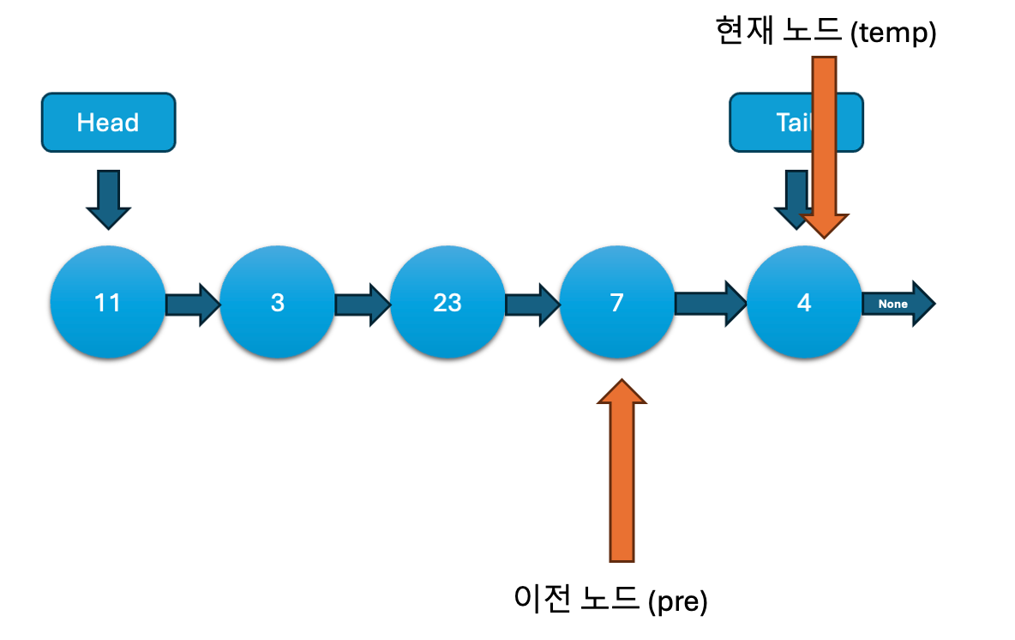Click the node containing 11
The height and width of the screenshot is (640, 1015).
[107, 302]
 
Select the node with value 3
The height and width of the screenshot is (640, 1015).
[277, 302]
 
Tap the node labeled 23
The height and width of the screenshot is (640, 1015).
[447, 302]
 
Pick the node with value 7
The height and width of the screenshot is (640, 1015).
[616, 302]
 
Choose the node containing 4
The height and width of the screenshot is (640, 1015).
[803, 302]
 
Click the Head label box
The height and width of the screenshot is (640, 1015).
[108, 122]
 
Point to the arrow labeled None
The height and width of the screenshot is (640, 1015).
[896, 303]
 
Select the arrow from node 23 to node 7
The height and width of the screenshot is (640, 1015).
[532, 304]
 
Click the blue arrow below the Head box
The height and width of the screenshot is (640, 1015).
[108, 198]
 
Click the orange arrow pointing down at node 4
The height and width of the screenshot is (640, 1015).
[824, 146]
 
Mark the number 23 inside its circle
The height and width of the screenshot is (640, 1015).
[447, 302]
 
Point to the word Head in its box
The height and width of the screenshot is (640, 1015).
[108, 122]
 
